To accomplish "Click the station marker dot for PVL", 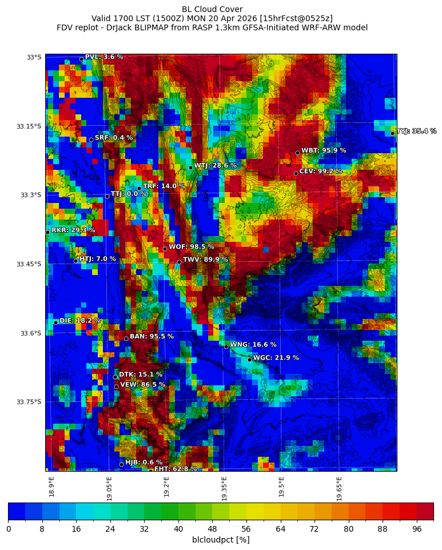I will click(81, 59).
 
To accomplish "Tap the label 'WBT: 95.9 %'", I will click(324, 151).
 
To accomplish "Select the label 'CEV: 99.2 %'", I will click(321, 172).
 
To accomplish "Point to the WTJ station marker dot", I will click(190, 168).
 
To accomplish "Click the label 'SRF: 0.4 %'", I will click(114, 138).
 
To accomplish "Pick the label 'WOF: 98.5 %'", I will click(192, 247).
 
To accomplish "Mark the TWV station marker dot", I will click(179, 262).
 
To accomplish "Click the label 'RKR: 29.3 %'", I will click(73, 230).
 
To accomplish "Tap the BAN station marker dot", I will click(126, 338).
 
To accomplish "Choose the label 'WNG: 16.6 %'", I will click(253, 345).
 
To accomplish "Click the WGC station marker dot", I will click(249, 360).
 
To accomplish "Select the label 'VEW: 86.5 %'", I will click(142, 385).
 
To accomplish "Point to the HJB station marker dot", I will click(121, 464).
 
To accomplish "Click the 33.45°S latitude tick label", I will click(30, 264).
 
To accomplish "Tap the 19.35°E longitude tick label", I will click(225, 489).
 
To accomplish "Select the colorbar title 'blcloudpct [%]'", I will click(221, 540).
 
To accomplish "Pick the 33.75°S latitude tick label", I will click(30, 402).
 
